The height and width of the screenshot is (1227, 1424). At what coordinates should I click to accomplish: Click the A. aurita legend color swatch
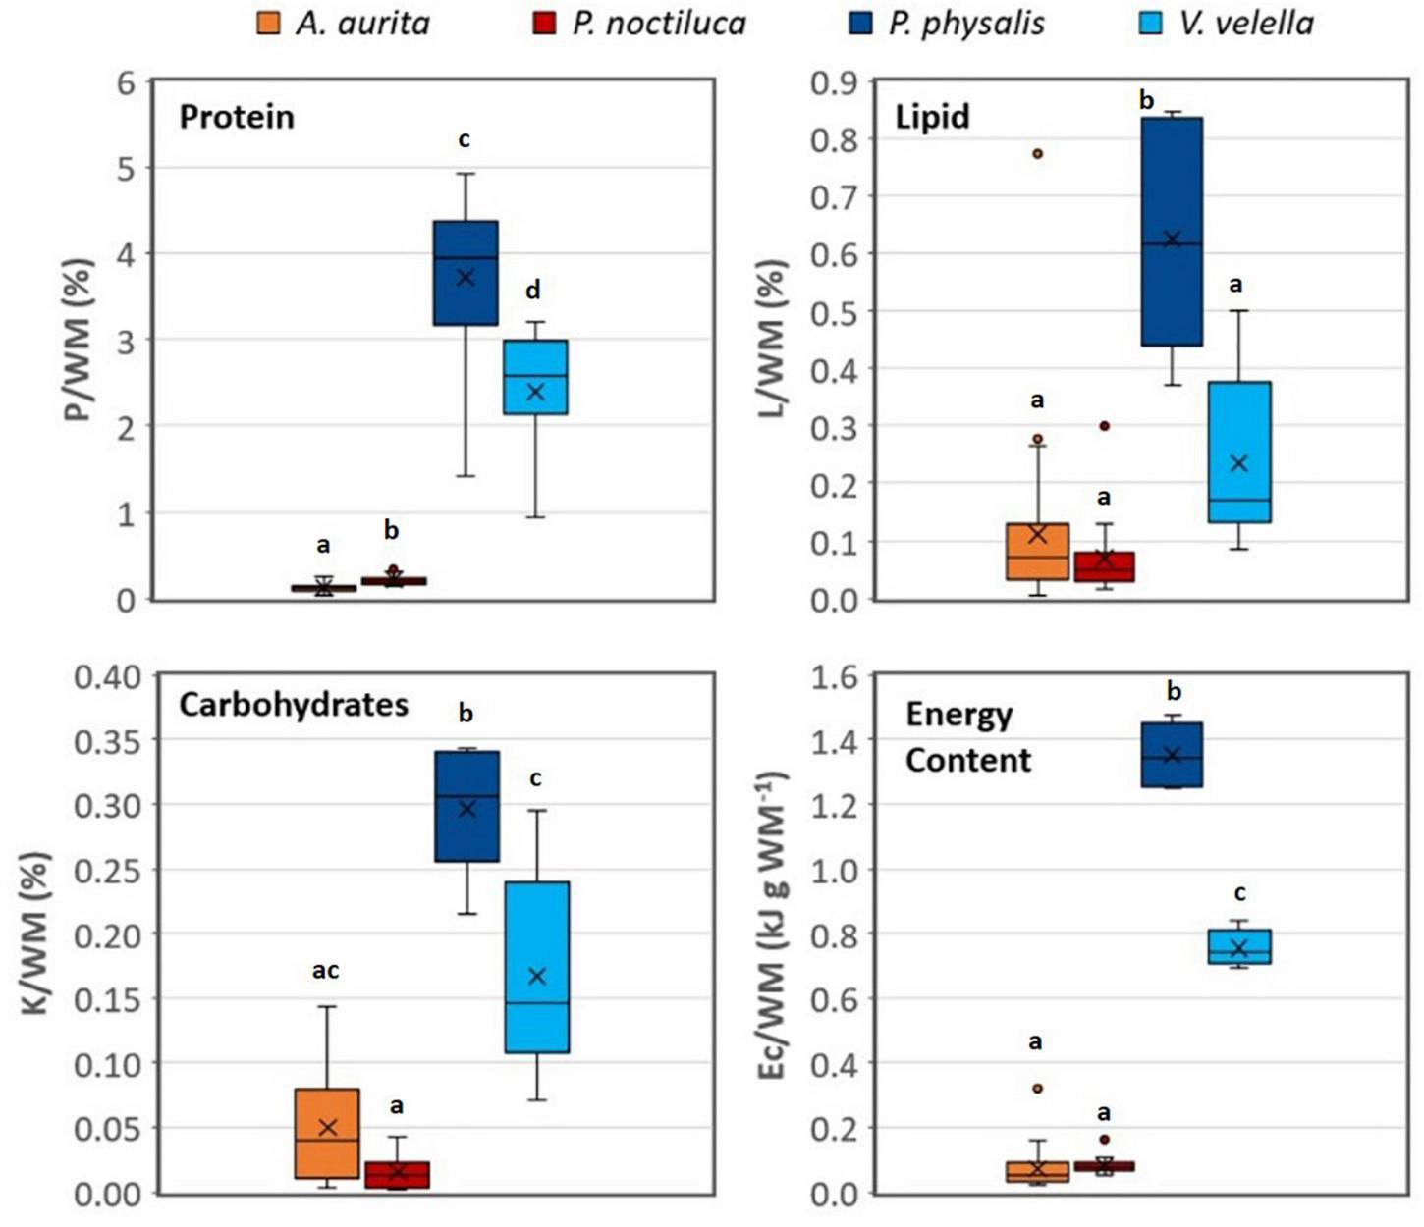[x=267, y=24]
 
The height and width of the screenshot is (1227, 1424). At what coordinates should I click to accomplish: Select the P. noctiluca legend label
[x=659, y=24]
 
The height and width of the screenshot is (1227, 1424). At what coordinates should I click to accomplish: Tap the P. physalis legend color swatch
[x=859, y=24]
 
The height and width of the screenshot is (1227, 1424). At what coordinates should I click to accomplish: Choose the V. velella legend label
[x=1246, y=24]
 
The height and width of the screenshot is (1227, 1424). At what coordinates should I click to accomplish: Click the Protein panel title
[x=237, y=117]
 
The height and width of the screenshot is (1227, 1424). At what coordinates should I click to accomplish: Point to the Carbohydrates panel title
[x=294, y=705]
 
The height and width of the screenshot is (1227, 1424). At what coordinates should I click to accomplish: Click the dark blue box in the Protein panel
[x=466, y=272]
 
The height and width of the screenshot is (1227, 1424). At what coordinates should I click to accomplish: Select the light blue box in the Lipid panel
[x=1239, y=452]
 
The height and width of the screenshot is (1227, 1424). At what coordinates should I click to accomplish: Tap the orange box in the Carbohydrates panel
[x=327, y=1133]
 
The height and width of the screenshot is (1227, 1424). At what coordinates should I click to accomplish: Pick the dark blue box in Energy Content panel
[x=1172, y=755]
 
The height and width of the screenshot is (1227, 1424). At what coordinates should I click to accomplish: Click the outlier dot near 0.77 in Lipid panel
[x=1037, y=153]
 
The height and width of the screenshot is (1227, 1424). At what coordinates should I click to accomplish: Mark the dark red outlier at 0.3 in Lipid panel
[x=1104, y=426]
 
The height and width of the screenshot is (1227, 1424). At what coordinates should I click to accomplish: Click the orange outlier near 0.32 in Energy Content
[x=1037, y=1089]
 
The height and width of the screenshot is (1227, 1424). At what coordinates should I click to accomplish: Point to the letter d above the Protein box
[x=532, y=290]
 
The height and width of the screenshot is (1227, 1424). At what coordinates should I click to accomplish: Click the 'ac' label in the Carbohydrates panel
[x=325, y=971]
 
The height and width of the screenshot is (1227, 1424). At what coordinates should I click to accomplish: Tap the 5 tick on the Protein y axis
[x=125, y=168]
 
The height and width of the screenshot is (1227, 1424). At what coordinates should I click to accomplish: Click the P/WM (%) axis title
[x=79, y=340]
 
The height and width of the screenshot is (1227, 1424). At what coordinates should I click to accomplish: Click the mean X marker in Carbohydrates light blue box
[x=536, y=976]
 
